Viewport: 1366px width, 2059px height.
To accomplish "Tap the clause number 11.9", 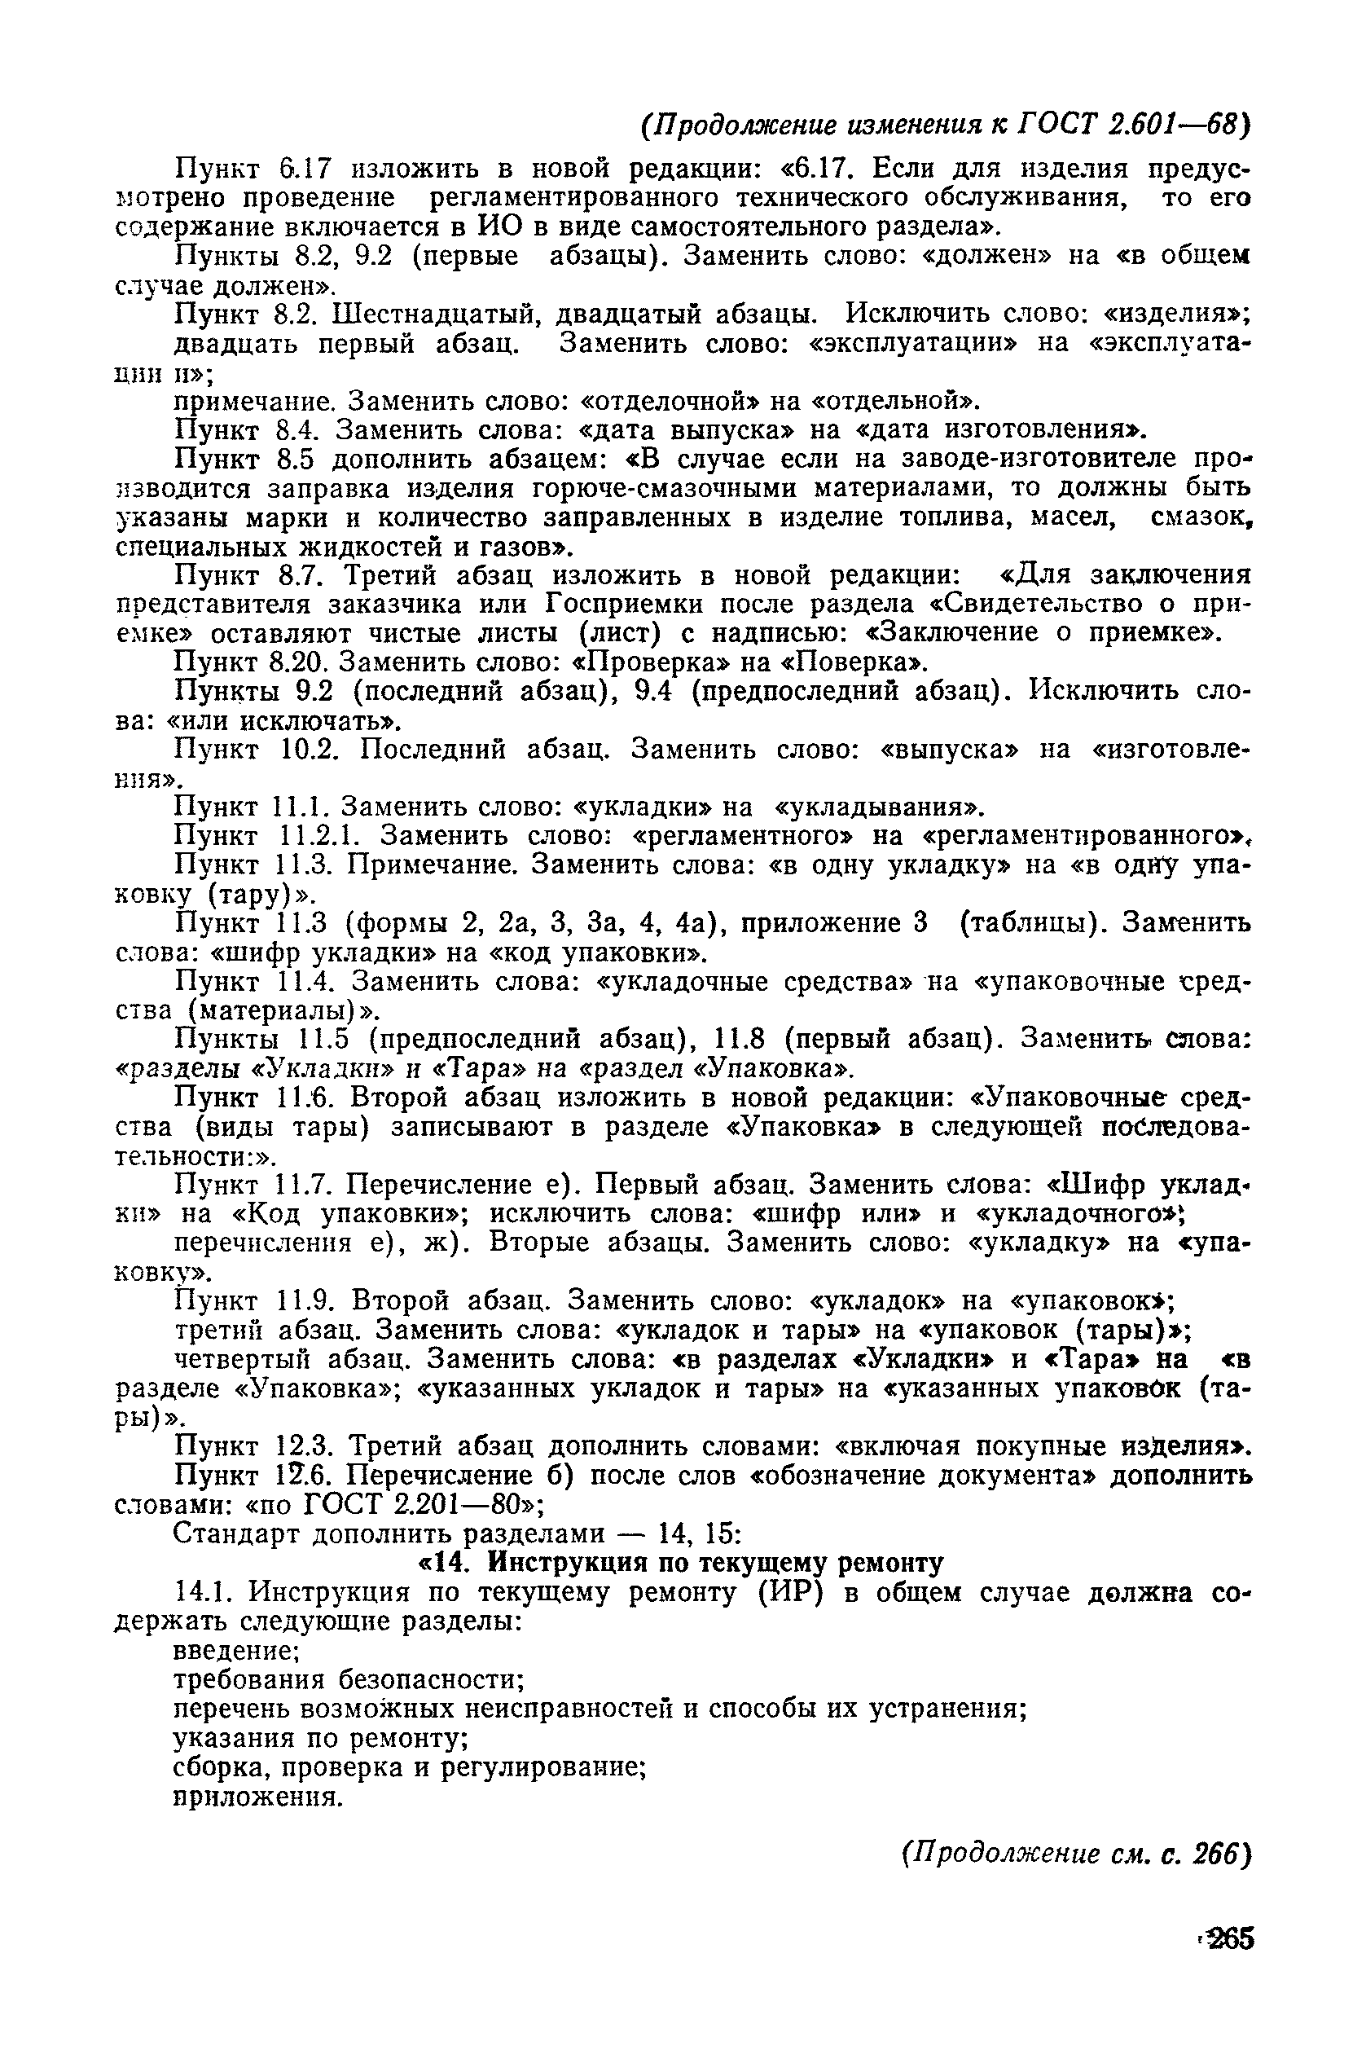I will pyautogui.click(x=305, y=1301).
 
